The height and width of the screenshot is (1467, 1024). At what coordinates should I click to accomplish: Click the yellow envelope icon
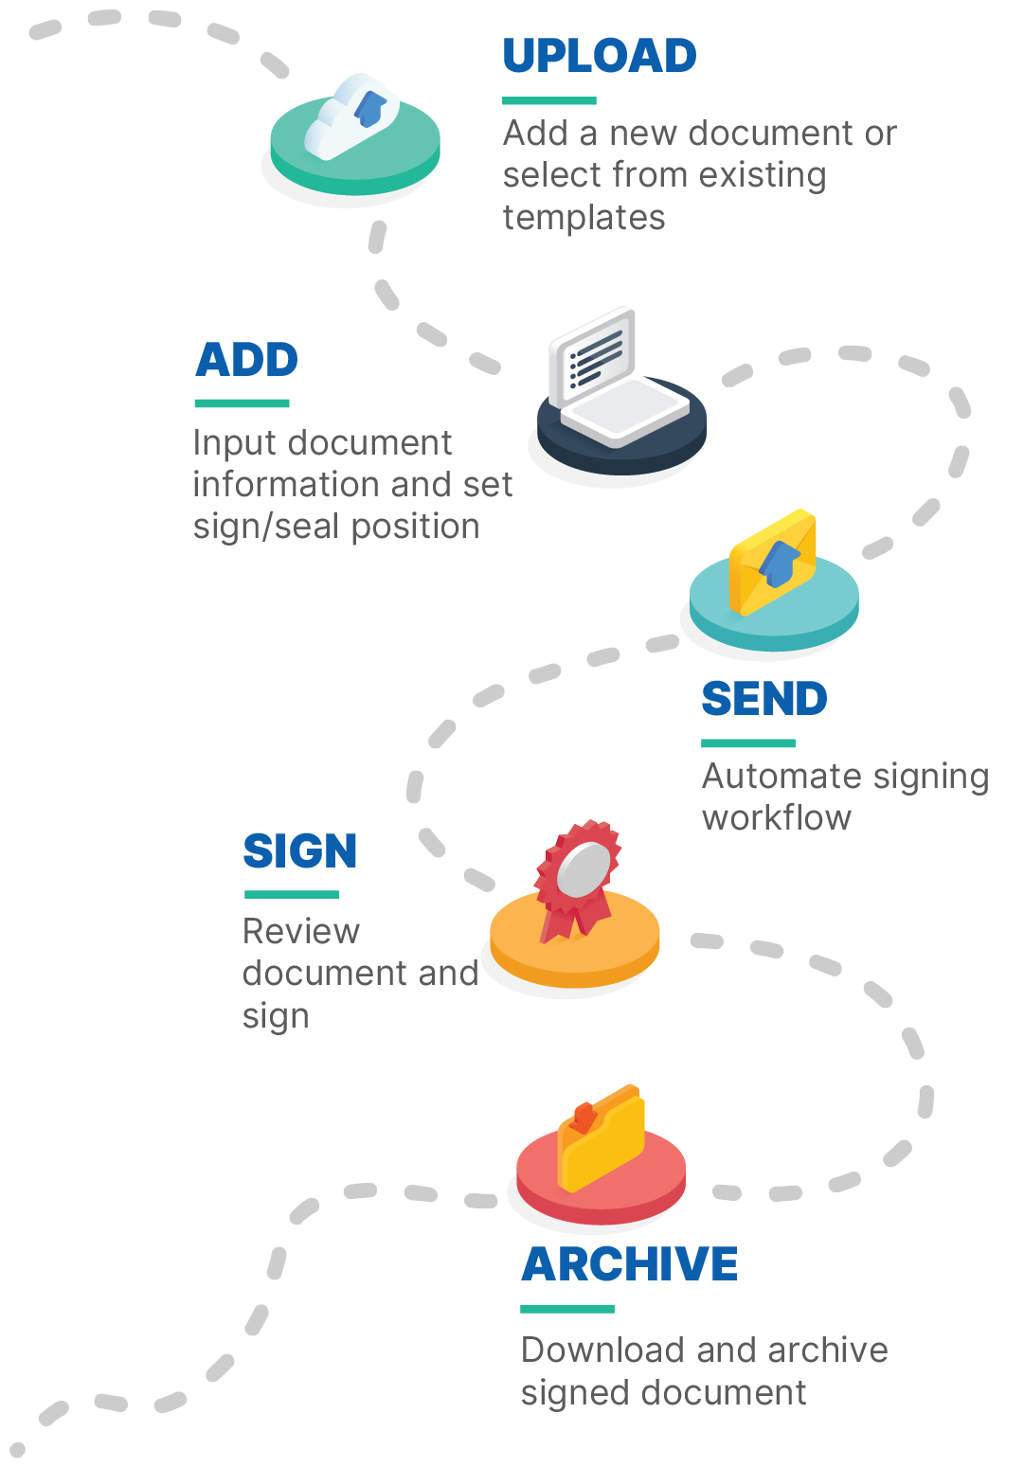[772, 563]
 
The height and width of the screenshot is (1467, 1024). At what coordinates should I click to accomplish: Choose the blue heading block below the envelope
[767, 708]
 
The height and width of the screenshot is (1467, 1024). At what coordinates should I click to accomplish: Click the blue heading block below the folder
[639, 1275]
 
